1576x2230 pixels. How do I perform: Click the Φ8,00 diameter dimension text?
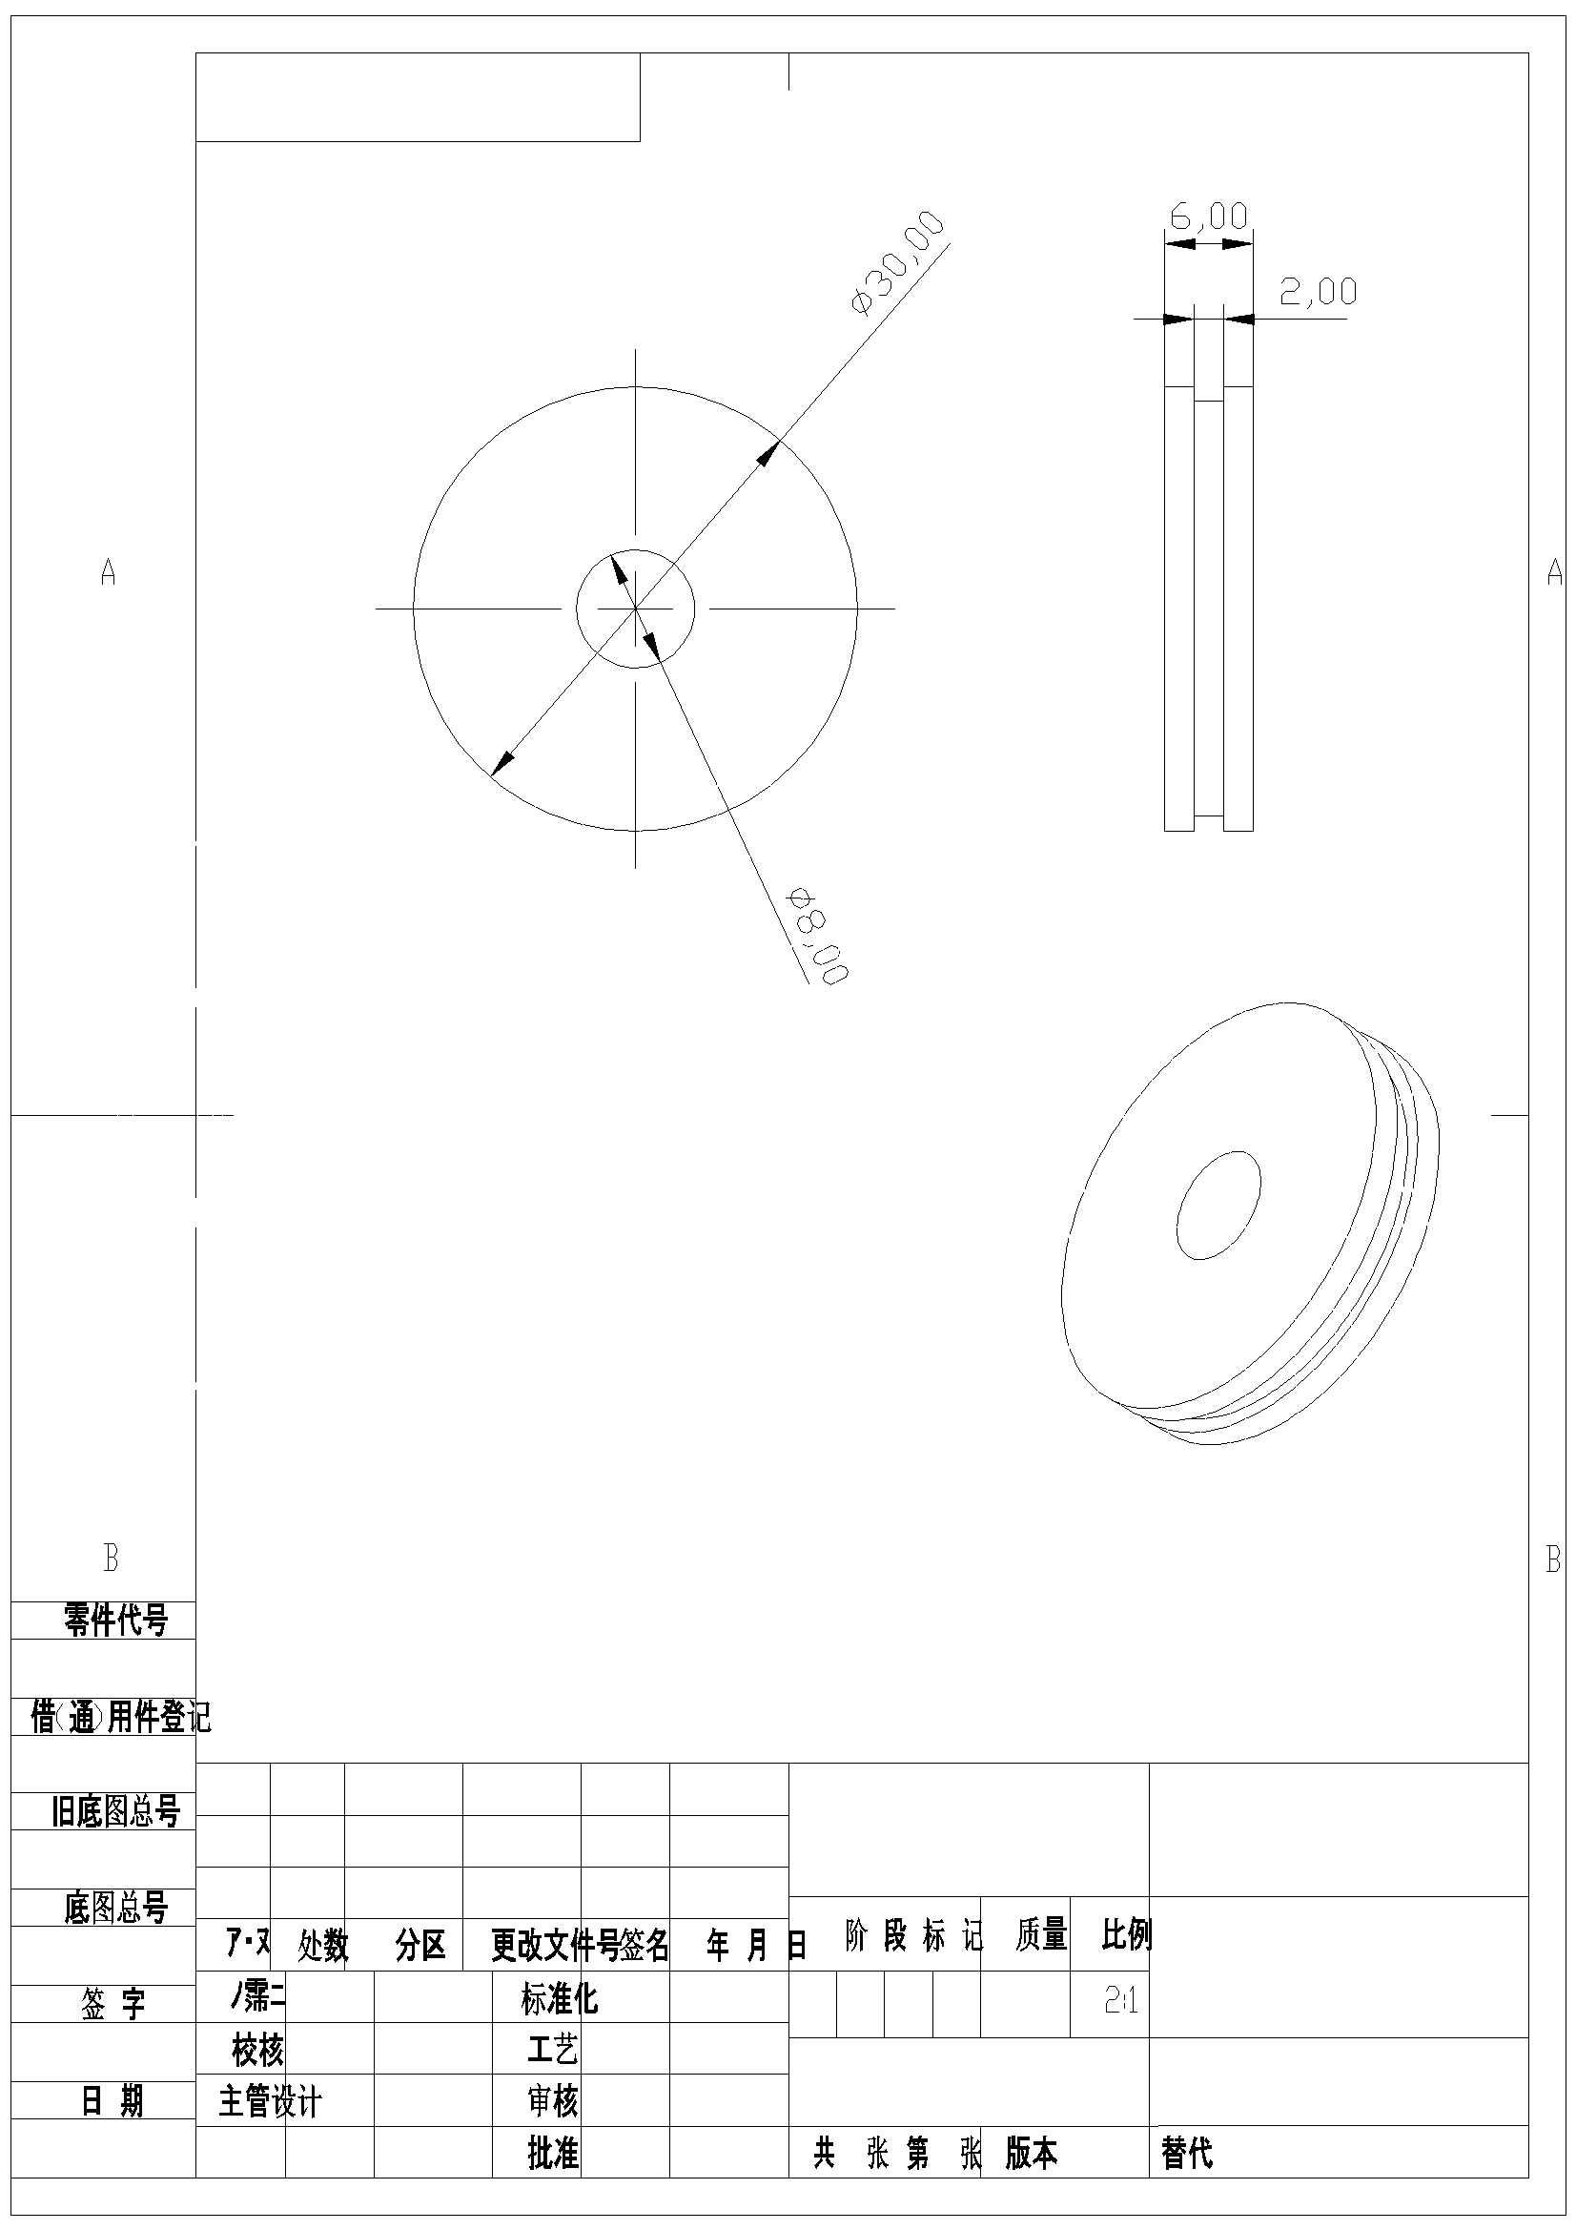pyautogui.click(x=819, y=936)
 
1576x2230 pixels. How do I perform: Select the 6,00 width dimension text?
pyautogui.click(x=1208, y=216)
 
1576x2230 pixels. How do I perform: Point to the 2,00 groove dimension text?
pyautogui.click(x=1318, y=290)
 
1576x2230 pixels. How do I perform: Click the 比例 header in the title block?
pyautogui.click(x=1125, y=1934)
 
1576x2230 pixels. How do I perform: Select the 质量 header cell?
pyautogui.click(x=1041, y=1934)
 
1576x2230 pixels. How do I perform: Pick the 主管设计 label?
pyautogui.click(x=270, y=2102)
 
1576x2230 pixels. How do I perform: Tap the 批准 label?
pyautogui.click(x=553, y=2154)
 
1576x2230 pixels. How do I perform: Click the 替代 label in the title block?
pyautogui.click(x=1187, y=2154)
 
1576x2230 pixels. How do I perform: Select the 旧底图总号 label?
pyautogui.click(x=115, y=1811)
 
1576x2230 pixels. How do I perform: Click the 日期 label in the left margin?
pyautogui.click(x=113, y=2101)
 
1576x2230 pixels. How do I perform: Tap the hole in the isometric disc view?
pyautogui.click(x=1218, y=1205)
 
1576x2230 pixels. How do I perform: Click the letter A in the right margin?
pyautogui.click(x=1554, y=572)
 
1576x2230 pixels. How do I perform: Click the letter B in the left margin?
pyautogui.click(x=111, y=1558)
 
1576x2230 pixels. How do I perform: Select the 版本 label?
pyautogui.click(x=1031, y=2154)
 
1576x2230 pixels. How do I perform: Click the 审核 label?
pyautogui.click(x=553, y=2102)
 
